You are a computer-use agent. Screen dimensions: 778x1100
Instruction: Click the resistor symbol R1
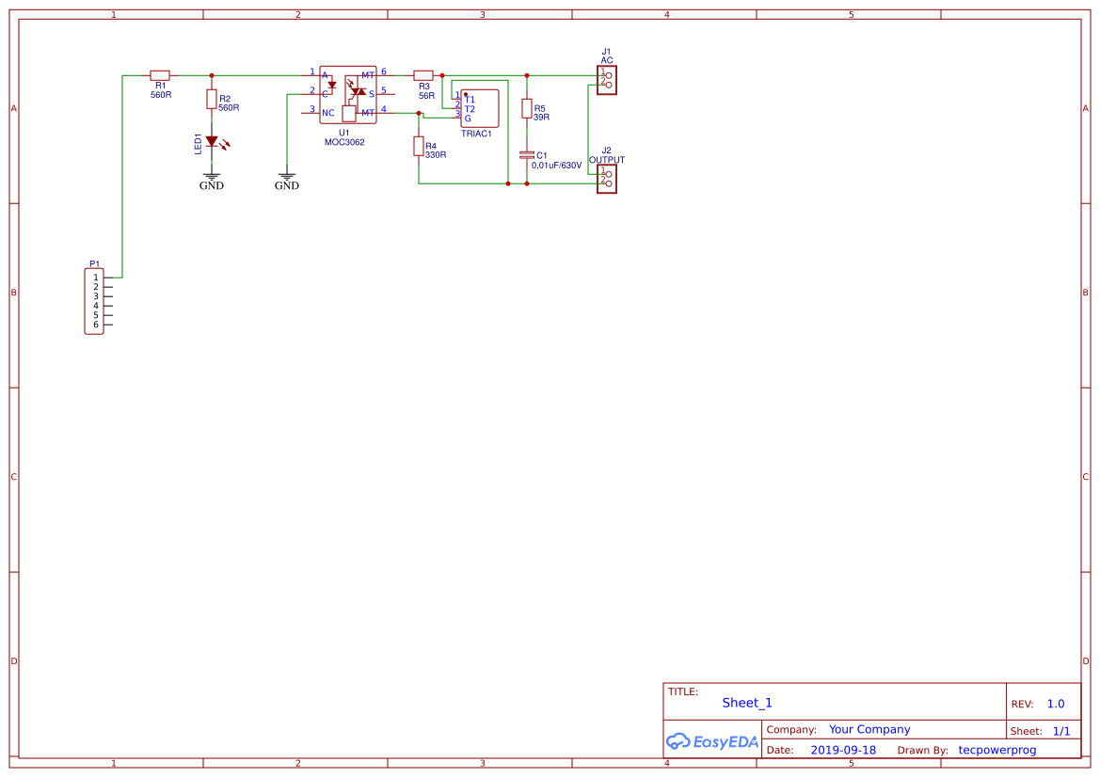pos(160,75)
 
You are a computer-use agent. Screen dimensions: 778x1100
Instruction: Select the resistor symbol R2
pos(212,99)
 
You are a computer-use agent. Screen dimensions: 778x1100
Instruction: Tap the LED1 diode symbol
pos(212,141)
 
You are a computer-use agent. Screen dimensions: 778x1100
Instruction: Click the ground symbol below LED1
pos(212,175)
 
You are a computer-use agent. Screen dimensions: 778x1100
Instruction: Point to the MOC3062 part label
pos(344,143)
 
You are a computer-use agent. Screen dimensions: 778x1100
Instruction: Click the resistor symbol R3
pos(423,75)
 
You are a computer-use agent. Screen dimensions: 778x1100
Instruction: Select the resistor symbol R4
pos(419,146)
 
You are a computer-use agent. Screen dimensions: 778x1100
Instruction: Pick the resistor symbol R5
pos(527,108)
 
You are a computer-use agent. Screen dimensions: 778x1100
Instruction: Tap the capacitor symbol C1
pos(527,154)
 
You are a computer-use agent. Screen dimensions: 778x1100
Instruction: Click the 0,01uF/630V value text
pos(556,166)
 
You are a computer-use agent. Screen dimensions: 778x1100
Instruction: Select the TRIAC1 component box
pos(480,108)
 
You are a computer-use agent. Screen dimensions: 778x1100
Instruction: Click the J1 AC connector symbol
pos(607,79)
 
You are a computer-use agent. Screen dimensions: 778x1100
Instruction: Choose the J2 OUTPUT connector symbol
pos(607,178)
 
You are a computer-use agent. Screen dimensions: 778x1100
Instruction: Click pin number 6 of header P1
pos(96,325)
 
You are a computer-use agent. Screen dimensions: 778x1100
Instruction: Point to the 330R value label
pos(436,154)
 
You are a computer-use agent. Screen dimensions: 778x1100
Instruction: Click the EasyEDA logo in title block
pos(712,741)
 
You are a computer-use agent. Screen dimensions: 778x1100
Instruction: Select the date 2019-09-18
pos(843,751)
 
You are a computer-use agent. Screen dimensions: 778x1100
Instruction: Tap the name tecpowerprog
pos(996,751)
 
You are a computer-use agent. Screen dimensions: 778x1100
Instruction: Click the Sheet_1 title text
pos(747,703)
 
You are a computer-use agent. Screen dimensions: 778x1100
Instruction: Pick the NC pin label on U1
pos(327,113)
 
